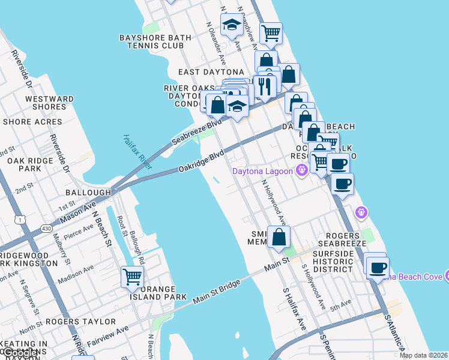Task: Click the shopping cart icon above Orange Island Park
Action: pos(132,277)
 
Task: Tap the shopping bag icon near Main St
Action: pos(279,236)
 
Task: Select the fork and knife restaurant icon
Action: pos(264,86)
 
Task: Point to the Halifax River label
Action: pos(136,151)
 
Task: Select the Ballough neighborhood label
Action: pos(88,193)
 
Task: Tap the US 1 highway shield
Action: pos(22,220)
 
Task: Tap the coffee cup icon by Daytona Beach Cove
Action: pos(378,268)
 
